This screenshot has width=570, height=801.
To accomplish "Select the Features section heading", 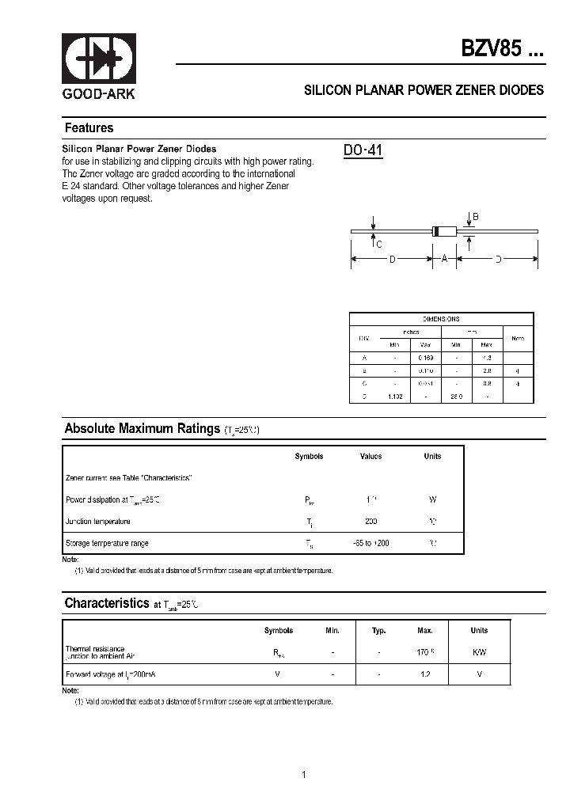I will click(89, 128).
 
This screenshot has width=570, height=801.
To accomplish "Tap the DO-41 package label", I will click(363, 150).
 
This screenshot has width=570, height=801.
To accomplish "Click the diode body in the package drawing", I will click(444, 231).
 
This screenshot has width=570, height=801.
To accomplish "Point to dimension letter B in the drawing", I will click(476, 218).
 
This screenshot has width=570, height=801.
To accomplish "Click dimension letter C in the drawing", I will click(379, 244).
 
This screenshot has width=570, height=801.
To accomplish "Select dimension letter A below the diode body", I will click(444, 259).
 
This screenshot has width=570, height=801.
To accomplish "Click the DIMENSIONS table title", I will click(441, 318).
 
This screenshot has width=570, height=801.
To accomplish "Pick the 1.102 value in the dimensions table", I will click(395, 396).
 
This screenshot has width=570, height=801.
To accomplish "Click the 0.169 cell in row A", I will click(426, 358).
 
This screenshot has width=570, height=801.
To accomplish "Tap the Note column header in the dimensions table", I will click(518, 338).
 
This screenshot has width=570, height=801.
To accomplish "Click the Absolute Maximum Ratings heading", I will click(142, 429).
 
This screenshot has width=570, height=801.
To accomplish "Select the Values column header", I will click(370, 457).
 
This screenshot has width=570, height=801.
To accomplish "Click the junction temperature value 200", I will click(371, 522).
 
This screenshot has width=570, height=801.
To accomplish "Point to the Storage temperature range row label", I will click(106, 543).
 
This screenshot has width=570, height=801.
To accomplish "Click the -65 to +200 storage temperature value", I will click(370, 543).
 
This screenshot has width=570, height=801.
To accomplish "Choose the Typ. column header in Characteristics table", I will click(378, 631).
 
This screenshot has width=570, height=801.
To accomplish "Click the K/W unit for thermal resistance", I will click(479, 651).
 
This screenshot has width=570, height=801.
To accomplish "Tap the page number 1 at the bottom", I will click(304, 774).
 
